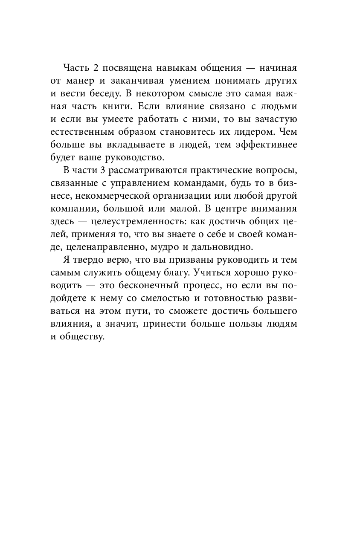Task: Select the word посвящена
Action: click(x=128, y=68)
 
